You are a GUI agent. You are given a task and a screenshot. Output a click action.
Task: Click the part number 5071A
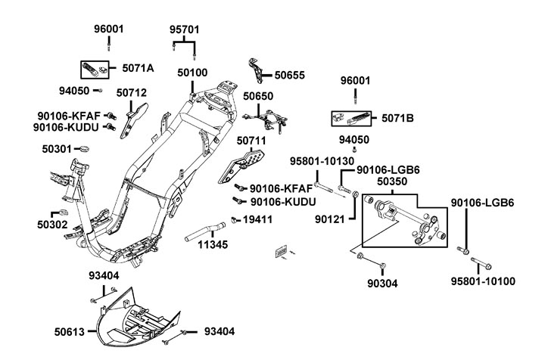138,68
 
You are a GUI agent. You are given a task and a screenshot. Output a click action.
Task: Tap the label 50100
192,73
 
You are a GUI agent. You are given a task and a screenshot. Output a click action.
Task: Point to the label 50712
132,93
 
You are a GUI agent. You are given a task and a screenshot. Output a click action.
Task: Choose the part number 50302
52,225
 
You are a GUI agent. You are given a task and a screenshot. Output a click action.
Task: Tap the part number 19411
257,219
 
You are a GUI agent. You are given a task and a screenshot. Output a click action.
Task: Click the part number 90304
381,284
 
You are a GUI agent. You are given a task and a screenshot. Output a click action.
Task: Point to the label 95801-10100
483,281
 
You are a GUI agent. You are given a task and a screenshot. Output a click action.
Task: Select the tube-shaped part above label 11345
205,229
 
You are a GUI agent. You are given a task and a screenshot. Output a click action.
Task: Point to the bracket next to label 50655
258,69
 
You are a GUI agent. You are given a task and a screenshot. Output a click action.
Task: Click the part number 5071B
397,118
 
